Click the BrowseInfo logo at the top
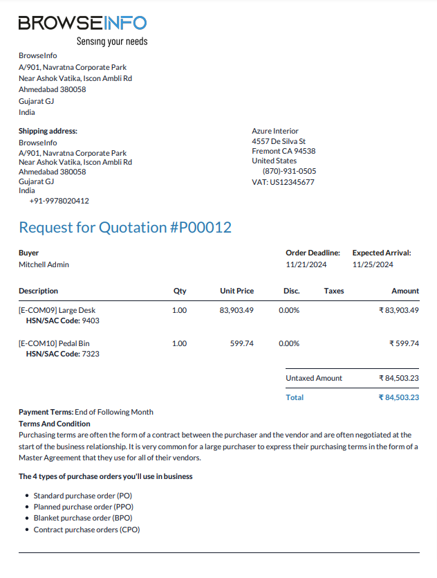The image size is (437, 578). (82, 22)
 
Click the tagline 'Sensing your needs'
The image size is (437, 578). (111, 42)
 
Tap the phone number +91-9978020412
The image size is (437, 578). (59, 201)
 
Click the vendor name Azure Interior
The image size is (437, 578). (275, 131)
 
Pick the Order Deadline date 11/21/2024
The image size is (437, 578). (306, 264)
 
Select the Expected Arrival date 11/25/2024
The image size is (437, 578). (373, 264)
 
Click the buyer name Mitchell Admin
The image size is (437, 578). (44, 264)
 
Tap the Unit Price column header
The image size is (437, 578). (236, 291)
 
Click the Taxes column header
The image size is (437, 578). (334, 291)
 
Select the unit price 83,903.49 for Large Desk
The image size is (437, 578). (236, 310)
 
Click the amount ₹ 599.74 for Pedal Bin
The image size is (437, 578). (404, 343)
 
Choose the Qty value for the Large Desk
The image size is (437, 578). (179, 310)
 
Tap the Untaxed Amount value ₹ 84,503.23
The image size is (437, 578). (399, 378)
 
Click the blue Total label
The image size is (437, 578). (295, 397)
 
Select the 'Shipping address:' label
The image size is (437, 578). (48, 131)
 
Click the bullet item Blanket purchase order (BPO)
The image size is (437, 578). (83, 517)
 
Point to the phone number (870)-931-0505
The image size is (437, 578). (289, 171)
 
